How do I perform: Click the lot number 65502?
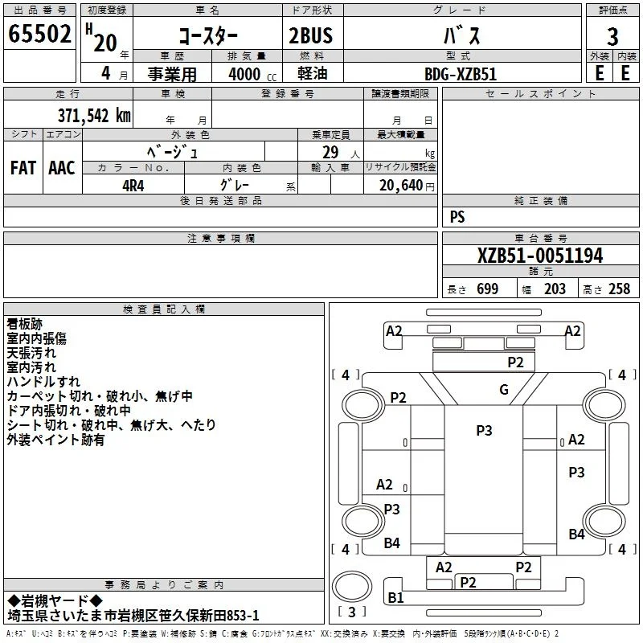[x=39, y=34]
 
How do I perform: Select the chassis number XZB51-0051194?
[x=540, y=256]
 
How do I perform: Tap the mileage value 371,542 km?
[x=94, y=116]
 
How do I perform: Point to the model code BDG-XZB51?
[x=461, y=74]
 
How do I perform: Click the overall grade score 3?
[x=612, y=37]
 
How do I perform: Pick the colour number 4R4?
[x=133, y=186]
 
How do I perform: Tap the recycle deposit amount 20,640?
[x=401, y=186]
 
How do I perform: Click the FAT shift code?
[x=23, y=168]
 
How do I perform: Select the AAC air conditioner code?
[x=62, y=168]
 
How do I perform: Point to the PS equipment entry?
[x=457, y=216]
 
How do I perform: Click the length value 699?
[x=488, y=289]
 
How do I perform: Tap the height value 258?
[x=619, y=289]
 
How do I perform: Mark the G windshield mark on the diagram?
[x=504, y=390]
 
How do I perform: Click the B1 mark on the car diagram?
[x=395, y=598]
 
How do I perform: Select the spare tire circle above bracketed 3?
[x=352, y=587]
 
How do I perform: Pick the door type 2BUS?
[x=311, y=35]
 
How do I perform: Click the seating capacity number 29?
[x=330, y=153]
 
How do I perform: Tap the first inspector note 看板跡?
[x=25, y=324]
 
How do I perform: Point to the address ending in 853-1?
[x=133, y=616]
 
